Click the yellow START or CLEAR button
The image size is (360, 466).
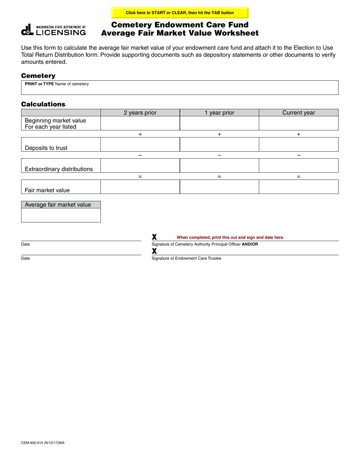180,13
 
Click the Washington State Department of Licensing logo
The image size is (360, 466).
53,30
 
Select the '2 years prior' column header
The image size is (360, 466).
140,113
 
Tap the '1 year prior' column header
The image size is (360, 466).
219,113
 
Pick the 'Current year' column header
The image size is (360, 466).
298,113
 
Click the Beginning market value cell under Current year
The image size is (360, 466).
298,123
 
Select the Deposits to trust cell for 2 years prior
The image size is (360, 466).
140,144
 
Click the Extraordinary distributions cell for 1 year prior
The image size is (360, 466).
219,166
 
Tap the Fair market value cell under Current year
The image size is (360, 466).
298,187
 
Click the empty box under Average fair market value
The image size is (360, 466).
61,215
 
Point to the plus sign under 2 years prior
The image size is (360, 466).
140,134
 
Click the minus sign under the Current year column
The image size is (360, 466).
299,155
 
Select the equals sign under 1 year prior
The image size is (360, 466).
219,177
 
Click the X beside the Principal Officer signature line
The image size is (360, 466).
154,237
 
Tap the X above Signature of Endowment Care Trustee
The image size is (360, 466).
154,251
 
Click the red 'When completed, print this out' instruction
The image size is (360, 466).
230,238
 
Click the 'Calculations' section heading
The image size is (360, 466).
43,104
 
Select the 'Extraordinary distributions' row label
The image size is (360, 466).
59,169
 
